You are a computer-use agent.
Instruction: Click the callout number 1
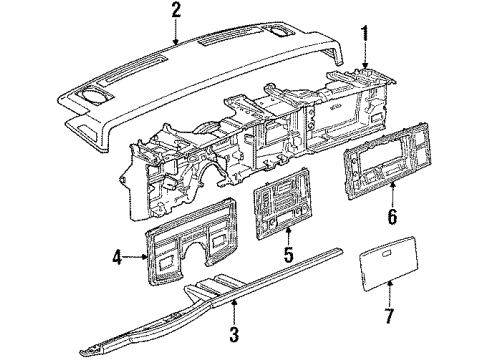pos(366,33)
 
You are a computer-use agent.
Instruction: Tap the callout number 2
pos(176,10)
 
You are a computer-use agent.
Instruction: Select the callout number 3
pos(234,334)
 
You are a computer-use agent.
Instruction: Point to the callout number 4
pos(117,257)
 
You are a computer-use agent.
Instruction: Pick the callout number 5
pos(289,254)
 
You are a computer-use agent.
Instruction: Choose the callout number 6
pos(392,217)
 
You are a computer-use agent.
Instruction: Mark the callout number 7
pos(389,315)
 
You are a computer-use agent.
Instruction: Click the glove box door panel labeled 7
pos(388,263)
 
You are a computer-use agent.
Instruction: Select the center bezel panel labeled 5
pos(283,204)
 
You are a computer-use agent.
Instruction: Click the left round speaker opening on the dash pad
pos(94,94)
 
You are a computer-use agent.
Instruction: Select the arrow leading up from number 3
pos(235,312)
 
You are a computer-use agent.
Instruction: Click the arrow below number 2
pos(176,32)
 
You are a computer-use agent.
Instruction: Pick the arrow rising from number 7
pos(390,293)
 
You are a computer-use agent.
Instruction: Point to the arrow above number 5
pos(289,235)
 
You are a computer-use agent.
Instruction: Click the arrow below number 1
pos(366,56)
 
